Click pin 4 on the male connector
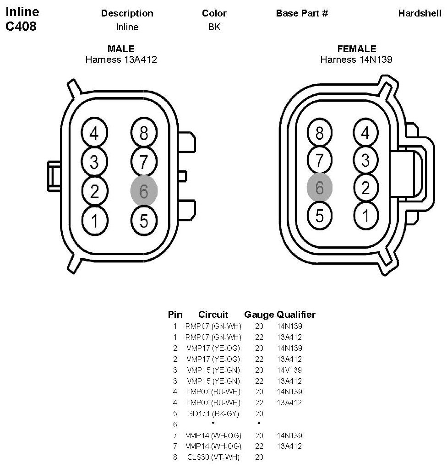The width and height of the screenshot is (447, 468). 94,134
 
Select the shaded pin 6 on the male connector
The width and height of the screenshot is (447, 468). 144,191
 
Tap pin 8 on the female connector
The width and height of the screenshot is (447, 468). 320,133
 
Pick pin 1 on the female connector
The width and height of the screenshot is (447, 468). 365,215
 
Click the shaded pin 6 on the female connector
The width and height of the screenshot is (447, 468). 320,187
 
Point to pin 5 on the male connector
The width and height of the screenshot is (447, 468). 144,221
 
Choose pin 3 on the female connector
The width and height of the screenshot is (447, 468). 365,160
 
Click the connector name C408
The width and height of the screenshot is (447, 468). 21,27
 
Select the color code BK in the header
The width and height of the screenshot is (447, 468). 214,27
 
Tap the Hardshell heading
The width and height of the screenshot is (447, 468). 420,13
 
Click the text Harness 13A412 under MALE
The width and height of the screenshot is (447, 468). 121,59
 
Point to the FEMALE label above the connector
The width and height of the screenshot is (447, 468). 356,49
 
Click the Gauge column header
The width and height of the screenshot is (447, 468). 259,315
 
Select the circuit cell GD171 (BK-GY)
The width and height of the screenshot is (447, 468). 213,414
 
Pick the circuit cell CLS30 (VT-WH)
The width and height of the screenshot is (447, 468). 213,457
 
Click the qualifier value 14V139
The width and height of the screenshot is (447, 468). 289,370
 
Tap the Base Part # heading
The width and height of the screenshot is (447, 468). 302,13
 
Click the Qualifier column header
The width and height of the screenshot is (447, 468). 296,315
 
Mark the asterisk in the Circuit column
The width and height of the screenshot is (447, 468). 213,424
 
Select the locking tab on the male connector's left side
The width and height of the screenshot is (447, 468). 54,175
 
